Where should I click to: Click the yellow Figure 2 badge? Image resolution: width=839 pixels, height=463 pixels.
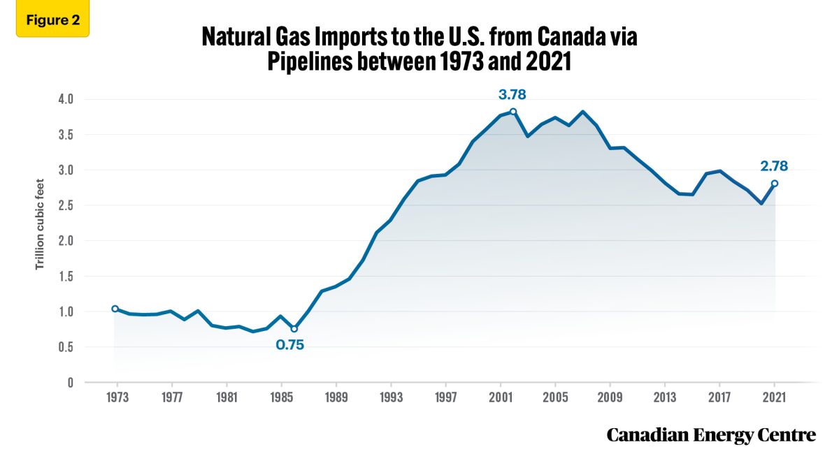52,19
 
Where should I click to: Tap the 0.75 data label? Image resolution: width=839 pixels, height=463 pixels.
291,345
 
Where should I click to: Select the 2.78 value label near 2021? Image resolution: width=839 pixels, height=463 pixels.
774,166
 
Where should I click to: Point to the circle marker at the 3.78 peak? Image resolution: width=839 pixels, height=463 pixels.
513,112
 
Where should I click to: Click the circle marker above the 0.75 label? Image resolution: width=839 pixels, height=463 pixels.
294,329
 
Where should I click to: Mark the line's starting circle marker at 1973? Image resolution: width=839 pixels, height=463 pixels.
115,309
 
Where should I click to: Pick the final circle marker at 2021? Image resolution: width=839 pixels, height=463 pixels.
775,184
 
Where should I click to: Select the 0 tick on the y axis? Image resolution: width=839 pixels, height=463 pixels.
71,383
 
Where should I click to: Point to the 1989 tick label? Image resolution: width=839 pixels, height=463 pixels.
336,397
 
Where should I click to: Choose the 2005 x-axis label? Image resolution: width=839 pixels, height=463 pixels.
555,397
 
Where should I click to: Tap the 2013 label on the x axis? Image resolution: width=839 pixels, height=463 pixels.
665,397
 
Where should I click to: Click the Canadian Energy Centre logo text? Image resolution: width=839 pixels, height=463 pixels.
711,435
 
